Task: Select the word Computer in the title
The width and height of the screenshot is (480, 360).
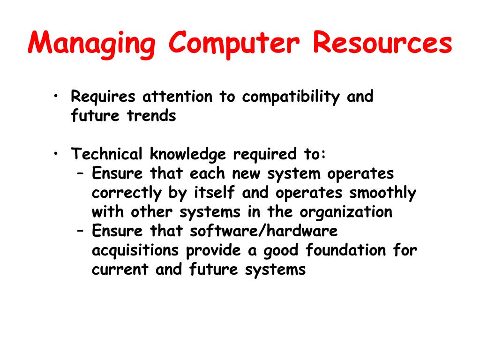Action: [234, 44]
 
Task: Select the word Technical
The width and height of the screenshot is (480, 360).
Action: [106, 154]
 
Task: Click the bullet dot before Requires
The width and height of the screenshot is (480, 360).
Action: [56, 96]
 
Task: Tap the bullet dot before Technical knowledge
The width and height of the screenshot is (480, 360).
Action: [56, 153]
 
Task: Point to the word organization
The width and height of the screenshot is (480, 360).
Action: [346, 212]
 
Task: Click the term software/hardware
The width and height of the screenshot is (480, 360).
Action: [264, 231]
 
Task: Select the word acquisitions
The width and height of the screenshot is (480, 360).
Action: [135, 250]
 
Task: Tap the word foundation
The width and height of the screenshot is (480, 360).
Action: [347, 250]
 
